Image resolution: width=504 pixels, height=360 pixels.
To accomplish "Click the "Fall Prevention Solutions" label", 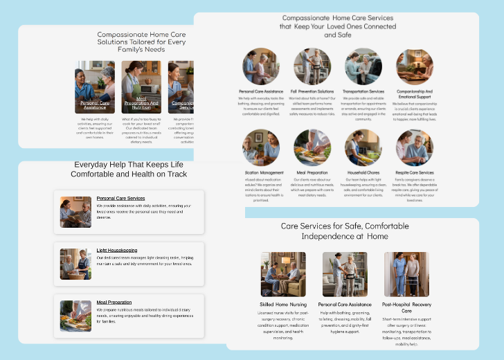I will pos(312,91).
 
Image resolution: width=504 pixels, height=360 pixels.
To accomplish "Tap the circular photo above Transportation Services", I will pos(363,66).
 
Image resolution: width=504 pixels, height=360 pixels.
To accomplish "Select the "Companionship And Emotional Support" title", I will pos(415,94).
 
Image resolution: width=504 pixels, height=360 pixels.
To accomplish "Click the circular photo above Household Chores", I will pos(363,147).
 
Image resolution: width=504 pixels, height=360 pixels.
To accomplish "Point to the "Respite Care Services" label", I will pos(415,172).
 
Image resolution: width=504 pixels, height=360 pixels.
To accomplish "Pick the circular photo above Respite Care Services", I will pos(415,147).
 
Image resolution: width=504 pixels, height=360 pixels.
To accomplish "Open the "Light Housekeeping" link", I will pos(116,250).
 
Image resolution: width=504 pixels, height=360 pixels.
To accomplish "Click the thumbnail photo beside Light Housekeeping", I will pos(75,264).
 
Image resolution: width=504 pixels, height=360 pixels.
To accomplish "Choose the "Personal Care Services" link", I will pos(120,199).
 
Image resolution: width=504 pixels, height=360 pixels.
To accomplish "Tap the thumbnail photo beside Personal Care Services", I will pos(75,213).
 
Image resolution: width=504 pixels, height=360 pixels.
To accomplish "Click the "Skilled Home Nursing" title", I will pos(283,305).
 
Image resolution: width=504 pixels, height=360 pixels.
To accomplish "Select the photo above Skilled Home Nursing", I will pos(283,274).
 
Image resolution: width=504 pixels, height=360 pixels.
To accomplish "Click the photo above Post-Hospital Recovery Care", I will pos(406,274).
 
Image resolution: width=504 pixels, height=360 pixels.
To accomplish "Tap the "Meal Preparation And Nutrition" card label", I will pos(141,104).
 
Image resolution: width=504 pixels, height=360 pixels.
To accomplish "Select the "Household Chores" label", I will pos(363,172).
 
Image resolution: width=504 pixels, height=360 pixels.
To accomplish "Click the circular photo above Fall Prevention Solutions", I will pos(312,66).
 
